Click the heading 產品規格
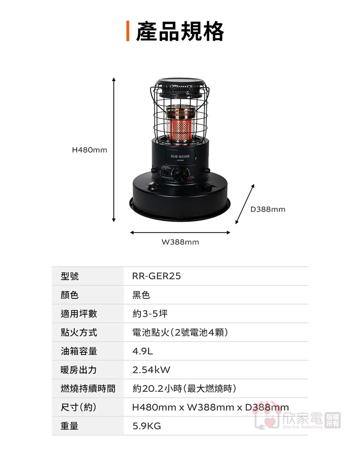180,31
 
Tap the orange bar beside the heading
128,31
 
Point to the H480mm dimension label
89,150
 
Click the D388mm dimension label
268,209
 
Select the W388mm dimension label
180,242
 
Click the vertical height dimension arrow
114,150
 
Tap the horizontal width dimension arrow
180,232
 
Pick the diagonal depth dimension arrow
245,204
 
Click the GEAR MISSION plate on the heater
180,157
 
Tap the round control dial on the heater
180,175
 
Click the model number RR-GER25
156,276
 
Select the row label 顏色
70,295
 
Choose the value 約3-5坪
150,314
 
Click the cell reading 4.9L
143,351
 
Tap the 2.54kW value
151,370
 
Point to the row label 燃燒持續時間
88,389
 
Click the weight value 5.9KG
146,426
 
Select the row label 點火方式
79,332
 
